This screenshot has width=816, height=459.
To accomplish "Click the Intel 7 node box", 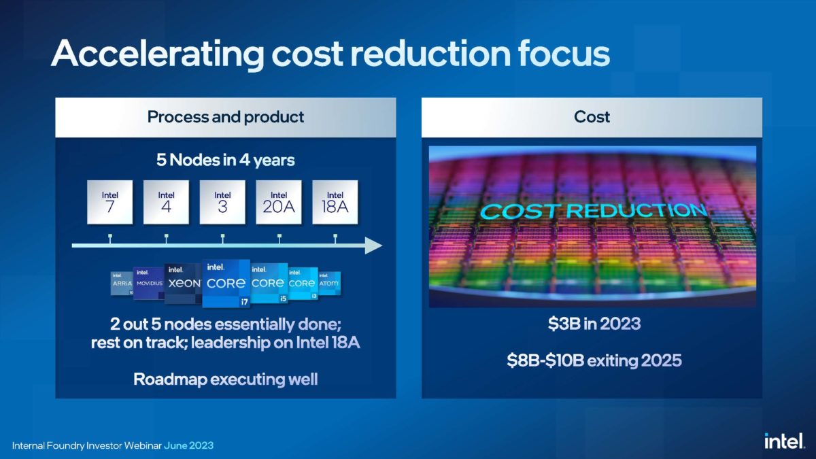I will [x=109, y=203].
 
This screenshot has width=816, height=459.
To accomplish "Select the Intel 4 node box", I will [x=166, y=203].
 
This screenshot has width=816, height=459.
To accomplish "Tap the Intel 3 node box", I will [x=222, y=203].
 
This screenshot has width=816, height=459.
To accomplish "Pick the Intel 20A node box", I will [x=279, y=203].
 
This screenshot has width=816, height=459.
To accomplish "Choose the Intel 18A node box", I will [x=335, y=203].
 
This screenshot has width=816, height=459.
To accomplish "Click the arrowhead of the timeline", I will [x=373, y=245].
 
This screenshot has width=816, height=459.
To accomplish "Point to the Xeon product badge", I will [x=182, y=283].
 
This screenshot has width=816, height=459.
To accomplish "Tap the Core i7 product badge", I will [x=226, y=283].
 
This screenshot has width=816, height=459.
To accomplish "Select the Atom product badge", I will [x=329, y=283].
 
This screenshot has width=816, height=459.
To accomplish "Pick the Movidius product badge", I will [x=149, y=283].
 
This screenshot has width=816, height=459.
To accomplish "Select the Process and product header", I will [x=225, y=117].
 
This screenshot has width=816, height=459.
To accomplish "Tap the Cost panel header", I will [x=592, y=117].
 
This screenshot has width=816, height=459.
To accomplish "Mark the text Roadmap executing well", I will [x=225, y=379].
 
